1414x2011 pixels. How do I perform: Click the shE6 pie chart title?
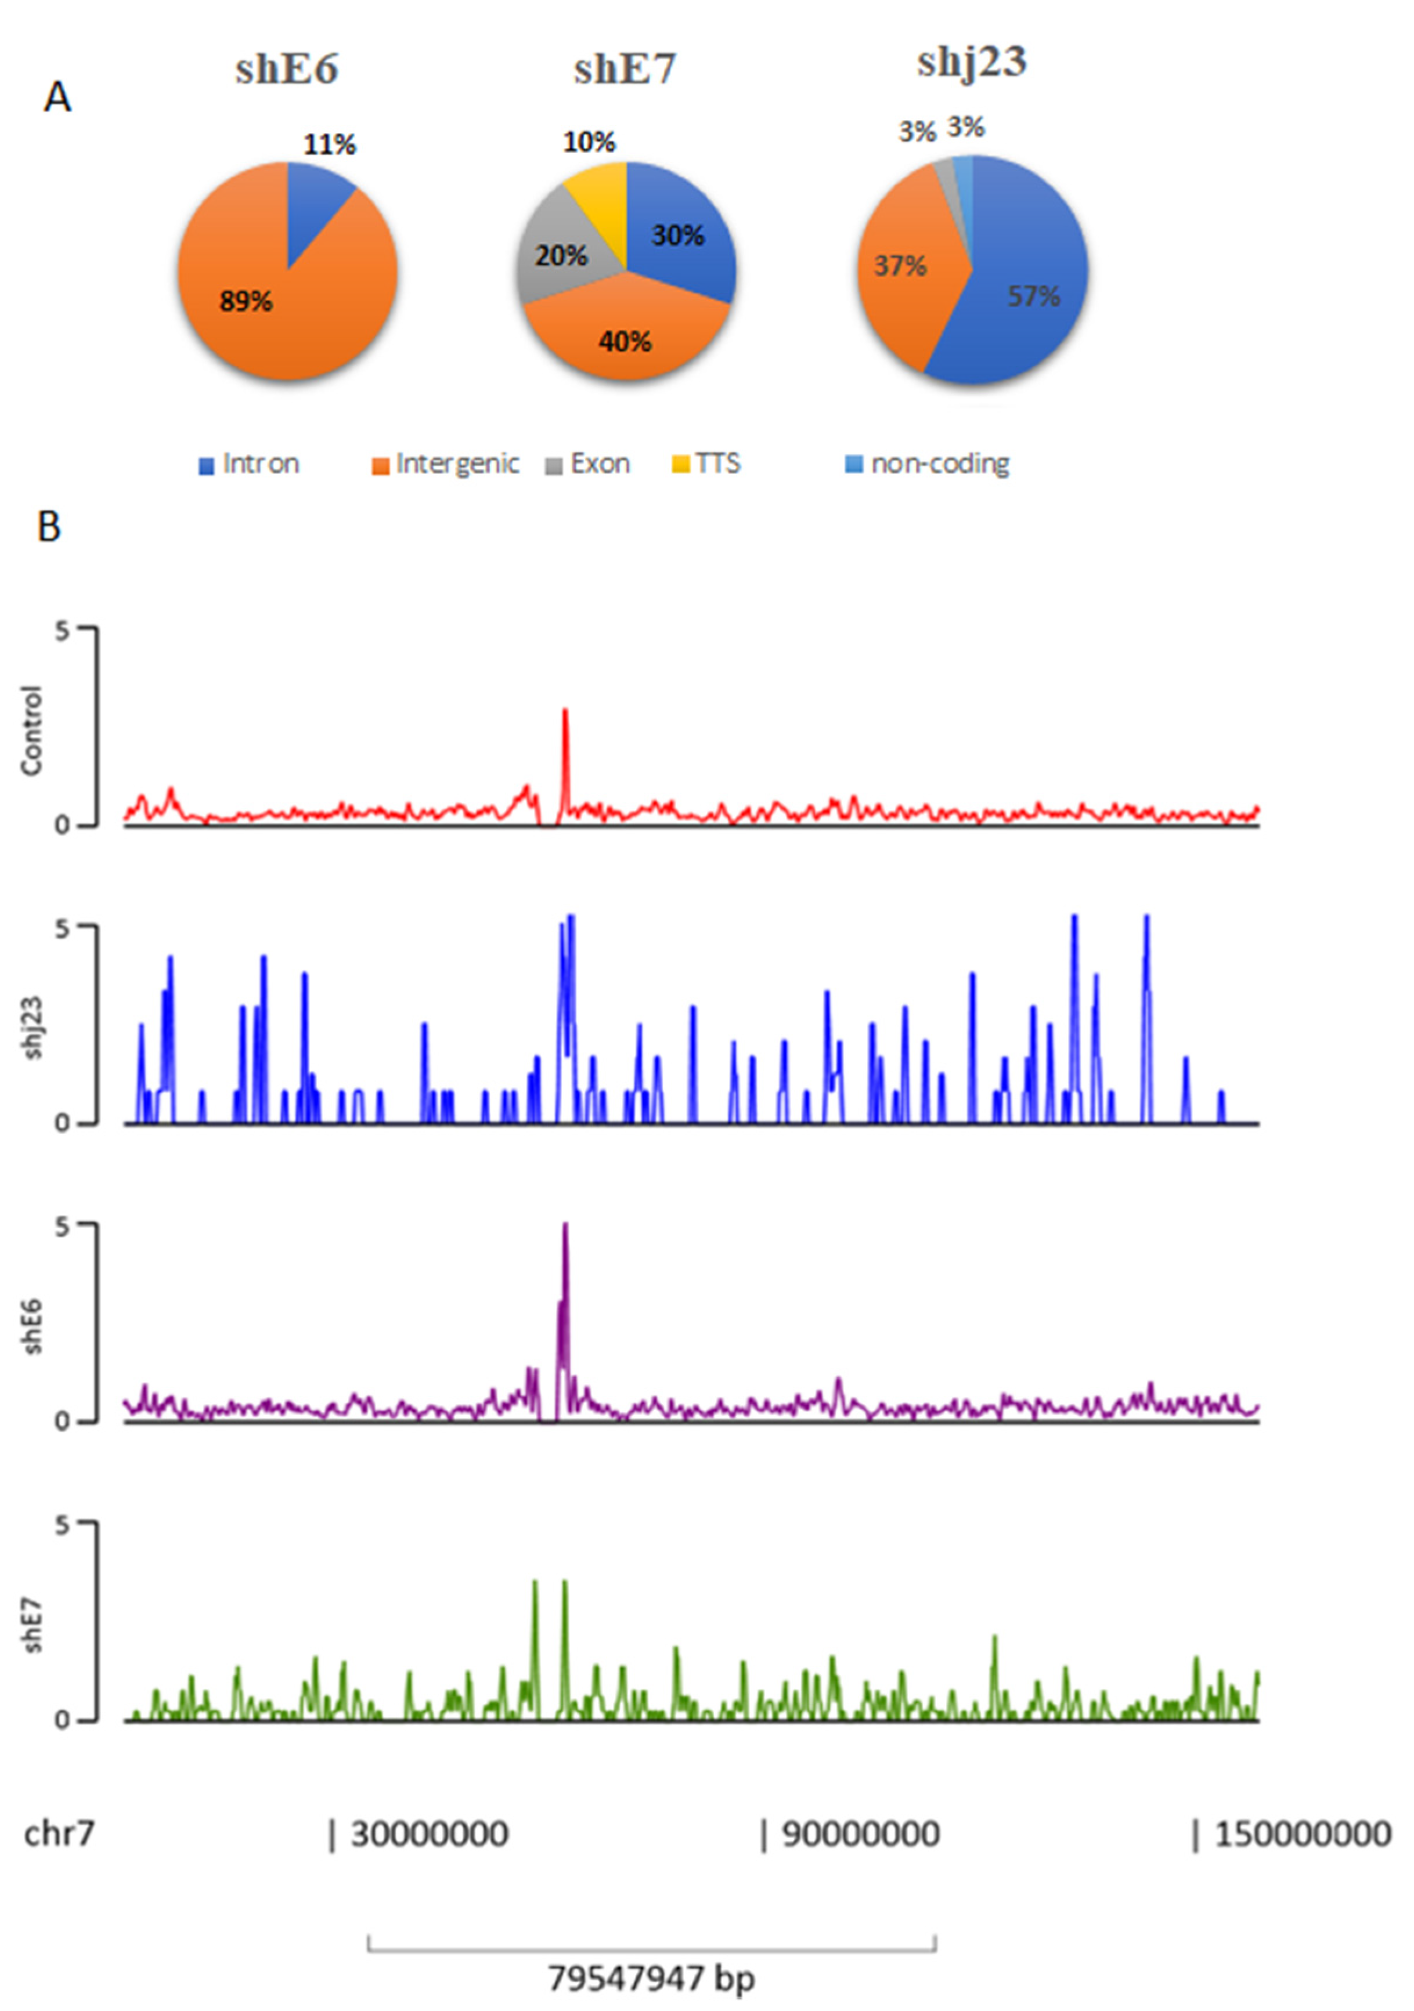click(287, 69)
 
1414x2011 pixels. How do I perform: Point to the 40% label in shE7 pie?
click(625, 342)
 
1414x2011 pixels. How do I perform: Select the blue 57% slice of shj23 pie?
click(1025, 298)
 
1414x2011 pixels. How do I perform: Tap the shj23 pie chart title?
click(972, 62)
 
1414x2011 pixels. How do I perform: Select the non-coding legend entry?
click(929, 464)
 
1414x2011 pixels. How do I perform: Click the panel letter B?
click(49, 527)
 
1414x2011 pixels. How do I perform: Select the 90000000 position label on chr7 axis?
click(858, 1833)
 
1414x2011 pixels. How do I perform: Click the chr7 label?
click(58, 1833)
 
